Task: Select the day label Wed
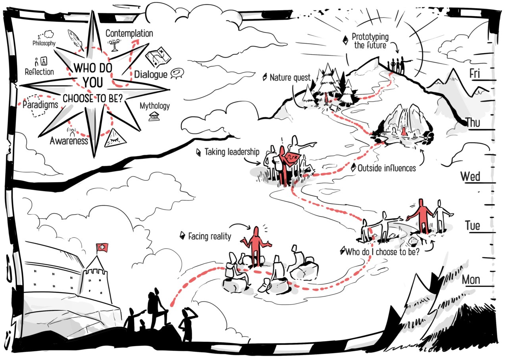click(470, 177)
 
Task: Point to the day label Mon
click(471, 280)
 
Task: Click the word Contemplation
click(129, 33)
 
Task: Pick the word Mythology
click(154, 106)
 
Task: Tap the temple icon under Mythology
click(154, 116)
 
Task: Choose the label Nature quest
click(290, 78)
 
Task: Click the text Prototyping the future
click(370, 41)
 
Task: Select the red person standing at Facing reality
click(257, 246)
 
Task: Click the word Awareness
click(69, 141)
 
